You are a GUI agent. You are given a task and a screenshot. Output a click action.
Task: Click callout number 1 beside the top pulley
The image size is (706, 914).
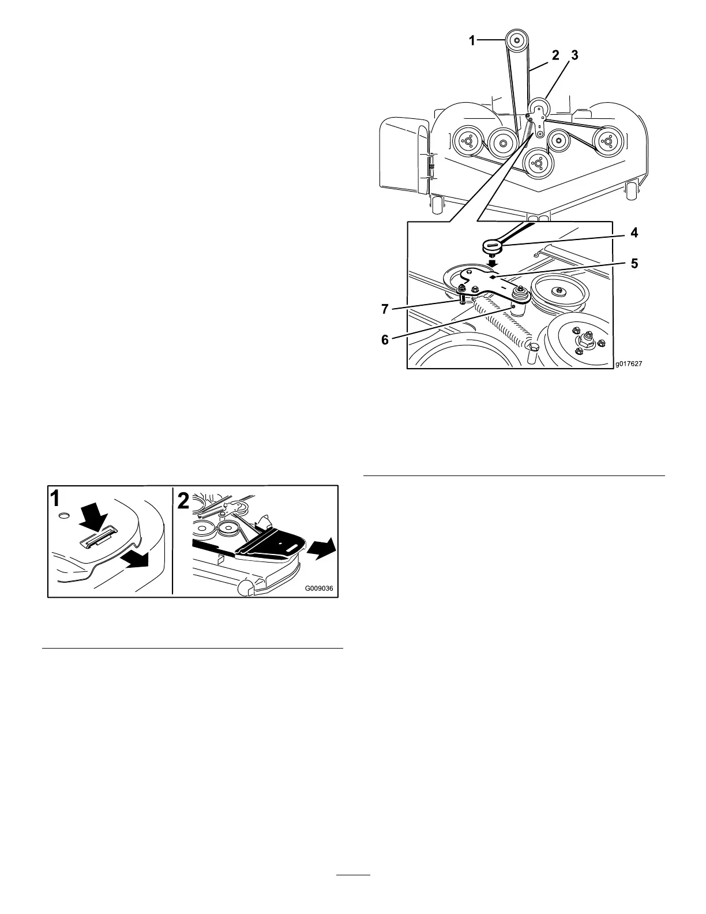(x=472, y=40)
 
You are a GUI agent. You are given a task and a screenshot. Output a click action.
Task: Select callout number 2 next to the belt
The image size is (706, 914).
(x=555, y=56)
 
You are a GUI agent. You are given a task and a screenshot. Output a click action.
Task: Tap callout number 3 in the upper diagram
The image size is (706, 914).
(x=574, y=56)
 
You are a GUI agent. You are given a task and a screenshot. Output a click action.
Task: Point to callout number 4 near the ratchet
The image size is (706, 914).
(x=634, y=234)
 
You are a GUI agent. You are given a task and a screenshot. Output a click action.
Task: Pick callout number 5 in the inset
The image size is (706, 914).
(x=634, y=264)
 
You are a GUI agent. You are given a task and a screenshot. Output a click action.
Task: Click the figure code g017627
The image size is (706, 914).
(x=628, y=364)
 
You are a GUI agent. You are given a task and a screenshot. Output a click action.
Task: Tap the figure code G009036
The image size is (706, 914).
(x=320, y=589)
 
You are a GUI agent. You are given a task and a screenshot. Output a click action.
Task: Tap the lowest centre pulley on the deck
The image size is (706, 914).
(x=538, y=163)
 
